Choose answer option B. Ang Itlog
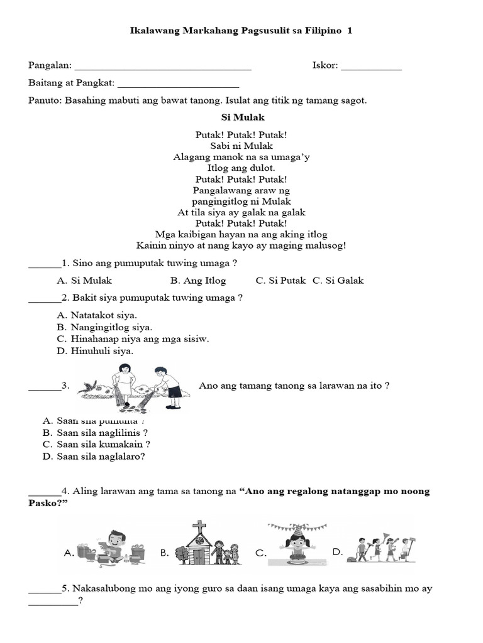click(x=197, y=281)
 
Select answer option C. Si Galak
click(x=338, y=281)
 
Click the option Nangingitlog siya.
click(x=104, y=327)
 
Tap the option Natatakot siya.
click(x=96, y=315)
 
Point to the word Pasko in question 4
click(x=43, y=503)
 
